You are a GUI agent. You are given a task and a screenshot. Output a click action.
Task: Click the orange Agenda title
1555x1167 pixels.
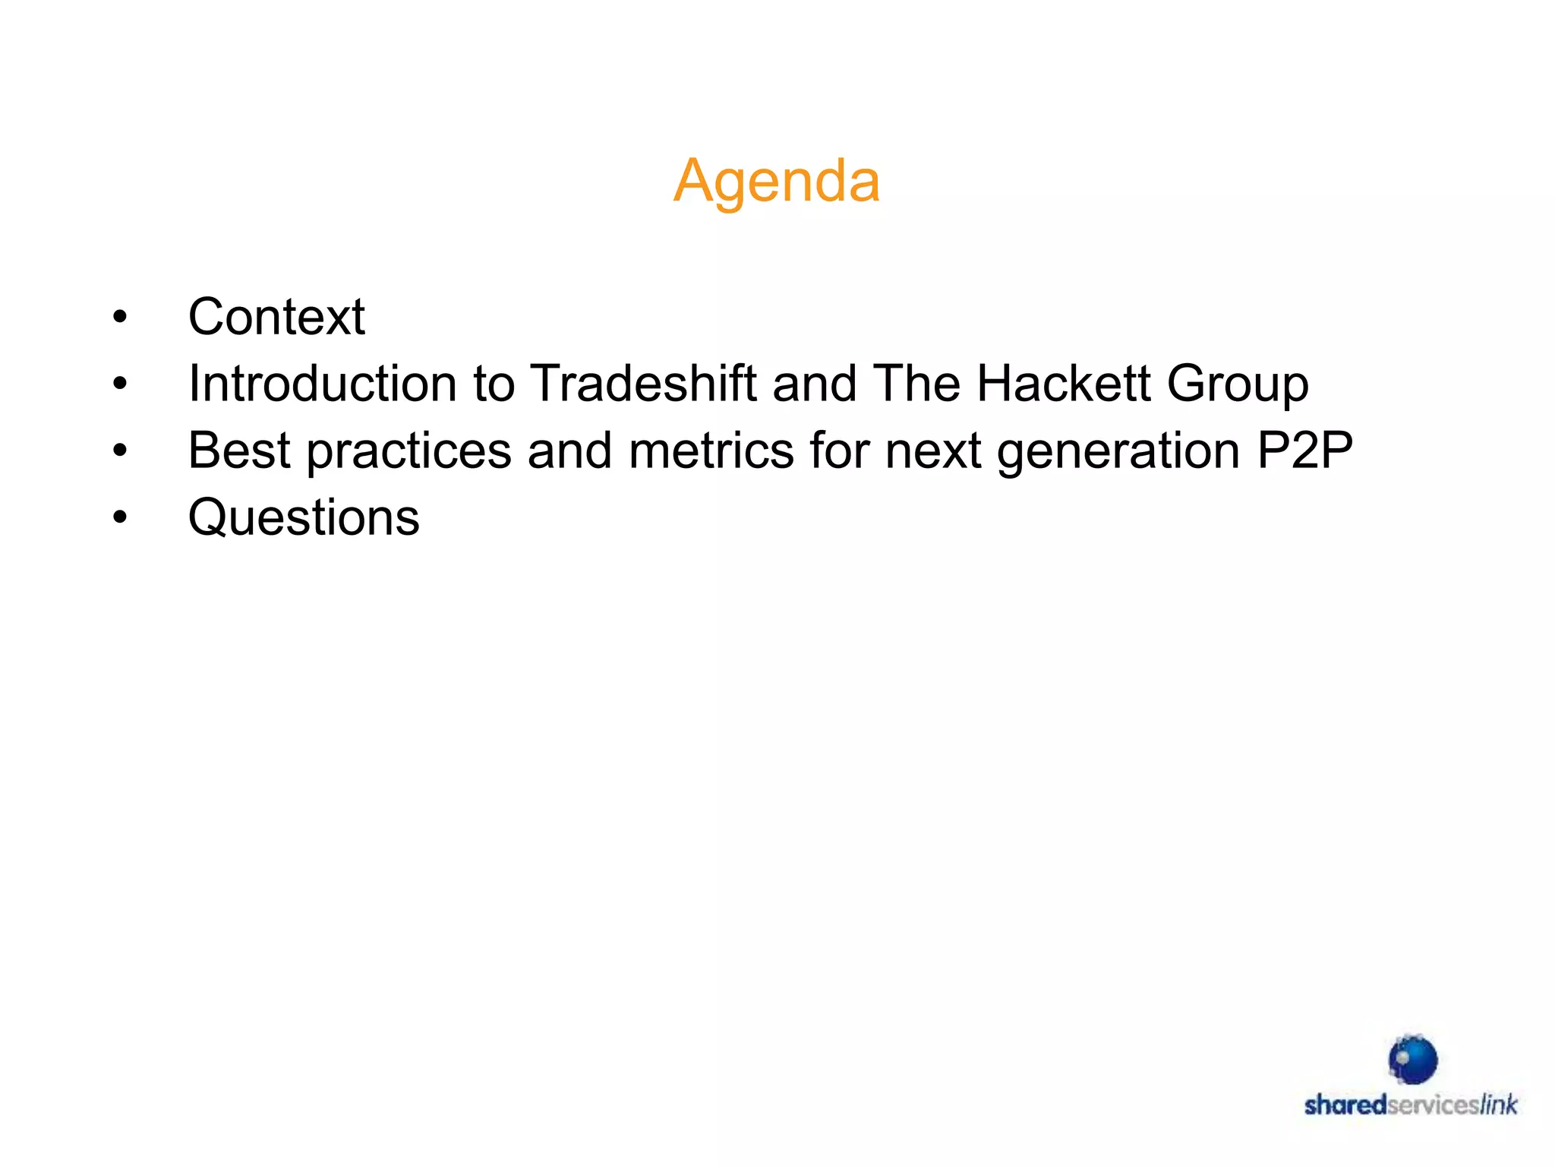pos(776,181)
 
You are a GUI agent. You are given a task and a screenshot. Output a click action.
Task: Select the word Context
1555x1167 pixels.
pos(276,316)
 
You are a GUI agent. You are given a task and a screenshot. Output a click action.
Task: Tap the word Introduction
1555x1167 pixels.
pos(323,383)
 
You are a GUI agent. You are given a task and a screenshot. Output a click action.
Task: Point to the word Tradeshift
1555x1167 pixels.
pos(643,383)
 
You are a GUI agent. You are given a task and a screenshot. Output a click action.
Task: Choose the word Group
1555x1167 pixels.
pos(1238,384)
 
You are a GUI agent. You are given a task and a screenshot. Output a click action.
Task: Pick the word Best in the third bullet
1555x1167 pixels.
pos(239,450)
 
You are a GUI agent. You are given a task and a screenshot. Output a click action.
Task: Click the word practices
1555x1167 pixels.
pos(409,451)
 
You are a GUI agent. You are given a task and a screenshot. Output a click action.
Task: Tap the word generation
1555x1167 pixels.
pos(1118,451)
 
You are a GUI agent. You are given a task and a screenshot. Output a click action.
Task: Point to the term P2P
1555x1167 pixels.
pos(1304,450)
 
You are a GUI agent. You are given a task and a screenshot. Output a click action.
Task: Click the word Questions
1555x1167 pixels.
pos(304,517)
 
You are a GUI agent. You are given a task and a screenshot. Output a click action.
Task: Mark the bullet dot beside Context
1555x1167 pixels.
pos(120,317)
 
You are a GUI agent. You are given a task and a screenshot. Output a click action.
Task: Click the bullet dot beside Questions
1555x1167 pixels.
pos(120,517)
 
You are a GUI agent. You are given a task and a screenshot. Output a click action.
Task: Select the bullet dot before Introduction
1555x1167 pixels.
pos(120,384)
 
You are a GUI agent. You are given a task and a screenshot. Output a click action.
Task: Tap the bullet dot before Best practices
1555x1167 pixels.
pos(120,451)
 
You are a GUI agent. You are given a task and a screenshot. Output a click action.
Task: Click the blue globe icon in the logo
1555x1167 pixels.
pos(1412,1059)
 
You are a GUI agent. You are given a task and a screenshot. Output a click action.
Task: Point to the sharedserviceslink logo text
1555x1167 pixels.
pos(1411,1105)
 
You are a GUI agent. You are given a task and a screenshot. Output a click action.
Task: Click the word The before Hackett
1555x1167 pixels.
pos(916,383)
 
